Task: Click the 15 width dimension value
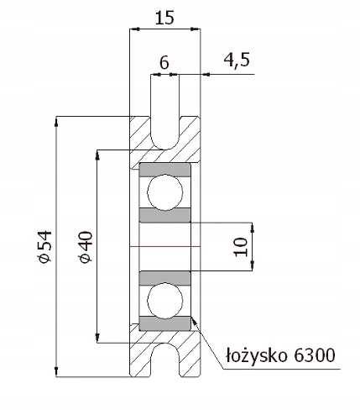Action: click(x=164, y=18)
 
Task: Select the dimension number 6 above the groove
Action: click(x=164, y=63)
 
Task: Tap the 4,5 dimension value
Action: click(x=237, y=60)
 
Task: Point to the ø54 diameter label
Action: click(x=45, y=247)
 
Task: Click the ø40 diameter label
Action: click(x=86, y=247)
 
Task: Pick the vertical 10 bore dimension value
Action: click(x=241, y=247)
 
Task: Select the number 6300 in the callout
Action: click(x=315, y=355)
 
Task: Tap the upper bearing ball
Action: click(x=165, y=192)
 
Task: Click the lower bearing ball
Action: click(x=165, y=301)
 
